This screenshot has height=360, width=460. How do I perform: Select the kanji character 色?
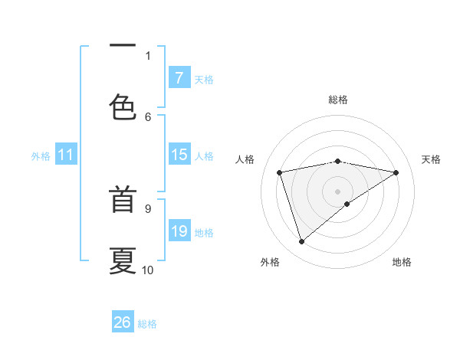(x=123, y=106)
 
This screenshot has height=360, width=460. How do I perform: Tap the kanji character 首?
(x=123, y=201)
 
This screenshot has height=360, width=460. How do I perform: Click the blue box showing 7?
(x=179, y=78)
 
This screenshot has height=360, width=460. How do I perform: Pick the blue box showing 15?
(x=179, y=155)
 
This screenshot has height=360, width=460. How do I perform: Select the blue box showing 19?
(x=179, y=231)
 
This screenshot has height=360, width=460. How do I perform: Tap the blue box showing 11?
(x=66, y=155)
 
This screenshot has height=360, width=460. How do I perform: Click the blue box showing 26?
(x=123, y=322)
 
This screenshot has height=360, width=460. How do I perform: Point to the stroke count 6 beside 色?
(x=148, y=116)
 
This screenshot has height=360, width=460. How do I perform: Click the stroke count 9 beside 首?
(x=148, y=208)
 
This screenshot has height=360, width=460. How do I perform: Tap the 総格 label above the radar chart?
(x=338, y=100)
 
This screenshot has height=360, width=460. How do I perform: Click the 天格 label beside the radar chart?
(x=431, y=159)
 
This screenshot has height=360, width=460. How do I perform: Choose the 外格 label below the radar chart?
(x=270, y=262)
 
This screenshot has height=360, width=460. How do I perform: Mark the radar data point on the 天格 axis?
(x=396, y=172)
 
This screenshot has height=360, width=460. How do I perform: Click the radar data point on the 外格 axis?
(x=301, y=242)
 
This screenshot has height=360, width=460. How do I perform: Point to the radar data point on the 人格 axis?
(x=280, y=172)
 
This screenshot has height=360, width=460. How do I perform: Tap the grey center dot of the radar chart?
(x=338, y=191)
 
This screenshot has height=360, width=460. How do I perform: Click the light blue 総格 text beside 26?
(x=147, y=324)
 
